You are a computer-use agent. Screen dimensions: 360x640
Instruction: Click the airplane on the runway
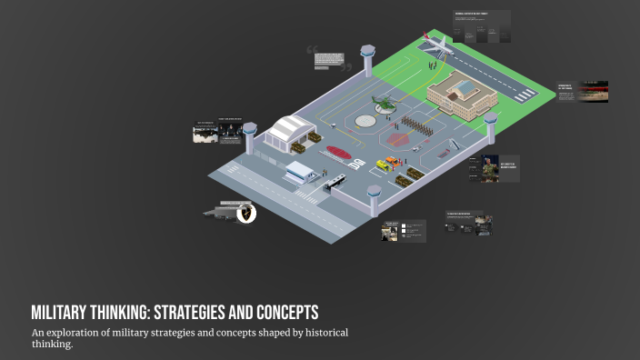435,43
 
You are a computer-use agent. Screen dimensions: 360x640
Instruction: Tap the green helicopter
385,105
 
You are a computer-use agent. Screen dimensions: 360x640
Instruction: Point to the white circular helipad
365,120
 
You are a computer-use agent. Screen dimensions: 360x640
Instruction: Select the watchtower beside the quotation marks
367,60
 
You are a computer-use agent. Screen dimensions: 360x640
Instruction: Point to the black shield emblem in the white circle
245,214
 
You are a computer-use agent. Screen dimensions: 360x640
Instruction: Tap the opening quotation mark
312,51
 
